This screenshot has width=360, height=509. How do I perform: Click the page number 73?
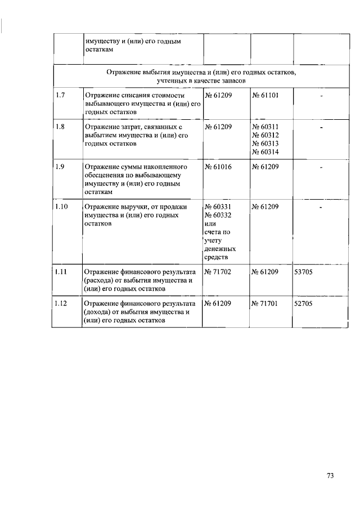pos(330,476)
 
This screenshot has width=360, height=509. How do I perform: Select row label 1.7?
pos(60,95)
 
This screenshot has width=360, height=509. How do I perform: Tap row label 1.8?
pos(60,127)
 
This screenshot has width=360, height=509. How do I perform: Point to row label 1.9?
pos(60,167)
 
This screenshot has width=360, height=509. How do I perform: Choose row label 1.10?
pos(62,207)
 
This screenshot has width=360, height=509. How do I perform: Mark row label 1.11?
pos(62,272)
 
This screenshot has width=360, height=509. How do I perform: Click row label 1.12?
pos(62,304)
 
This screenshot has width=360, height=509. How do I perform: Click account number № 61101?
pos(265,95)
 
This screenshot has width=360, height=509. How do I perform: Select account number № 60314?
pos(265,152)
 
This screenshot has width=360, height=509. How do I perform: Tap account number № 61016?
pos(218,167)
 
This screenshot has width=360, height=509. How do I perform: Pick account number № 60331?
pos(218,207)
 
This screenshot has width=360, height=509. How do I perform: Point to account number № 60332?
pos(218,215)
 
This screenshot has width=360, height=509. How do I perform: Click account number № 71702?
pos(218,272)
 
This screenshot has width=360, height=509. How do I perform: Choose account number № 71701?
pos(265,304)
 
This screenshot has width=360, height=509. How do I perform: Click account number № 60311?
pos(265,127)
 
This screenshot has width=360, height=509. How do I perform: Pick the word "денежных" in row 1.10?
pos(220,249)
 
